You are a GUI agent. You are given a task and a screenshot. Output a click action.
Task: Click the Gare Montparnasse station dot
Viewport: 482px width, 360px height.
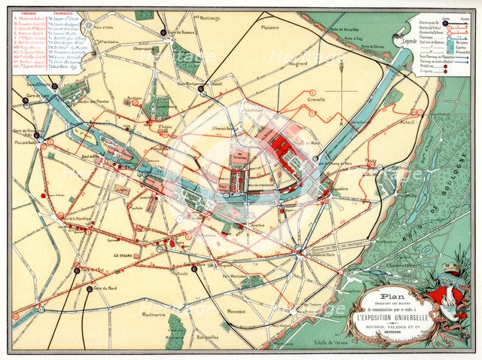coord(202,88)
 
